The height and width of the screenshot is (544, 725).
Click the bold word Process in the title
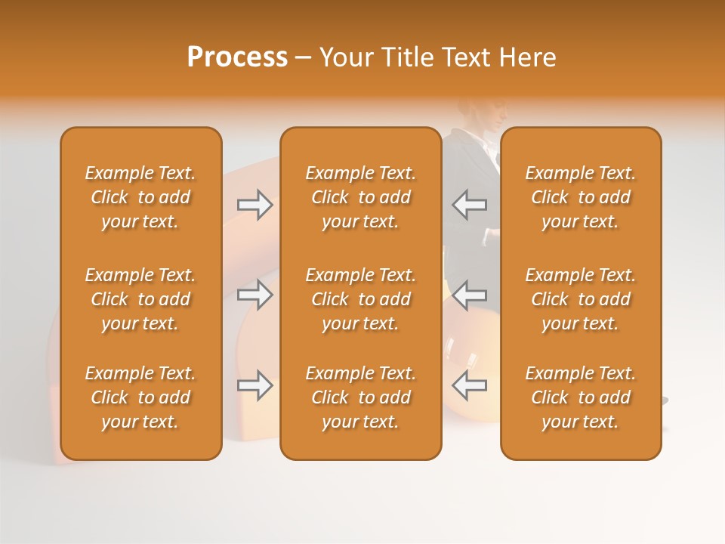click(x=237, y=57)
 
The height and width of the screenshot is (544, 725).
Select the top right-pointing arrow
click(x=255, y=205)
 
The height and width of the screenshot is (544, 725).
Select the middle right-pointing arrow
click(x=255, y=295)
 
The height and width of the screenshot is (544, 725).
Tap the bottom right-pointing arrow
click(x=255, y=385)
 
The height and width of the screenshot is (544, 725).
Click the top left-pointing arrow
click(x=469, y=205)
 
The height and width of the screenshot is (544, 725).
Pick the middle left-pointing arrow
click(x=469, y=295)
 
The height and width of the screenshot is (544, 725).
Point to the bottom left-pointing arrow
click(x=469, y=385)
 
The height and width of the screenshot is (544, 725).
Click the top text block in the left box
click(x=140, y=197)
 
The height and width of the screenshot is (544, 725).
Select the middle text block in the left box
click(x=140, y=299)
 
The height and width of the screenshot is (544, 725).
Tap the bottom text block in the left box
click(x=140, y=397)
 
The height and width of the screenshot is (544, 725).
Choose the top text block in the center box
click(x=361, y=197)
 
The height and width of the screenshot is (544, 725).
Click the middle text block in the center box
click(x=361, y=299)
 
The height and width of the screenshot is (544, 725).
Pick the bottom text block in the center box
click(x=361, y=397)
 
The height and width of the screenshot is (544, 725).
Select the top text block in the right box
click(x=581, y=197)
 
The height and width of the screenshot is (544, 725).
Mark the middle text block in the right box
click(x=581, y=299)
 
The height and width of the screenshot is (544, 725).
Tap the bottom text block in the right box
click(x=581, y=397)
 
